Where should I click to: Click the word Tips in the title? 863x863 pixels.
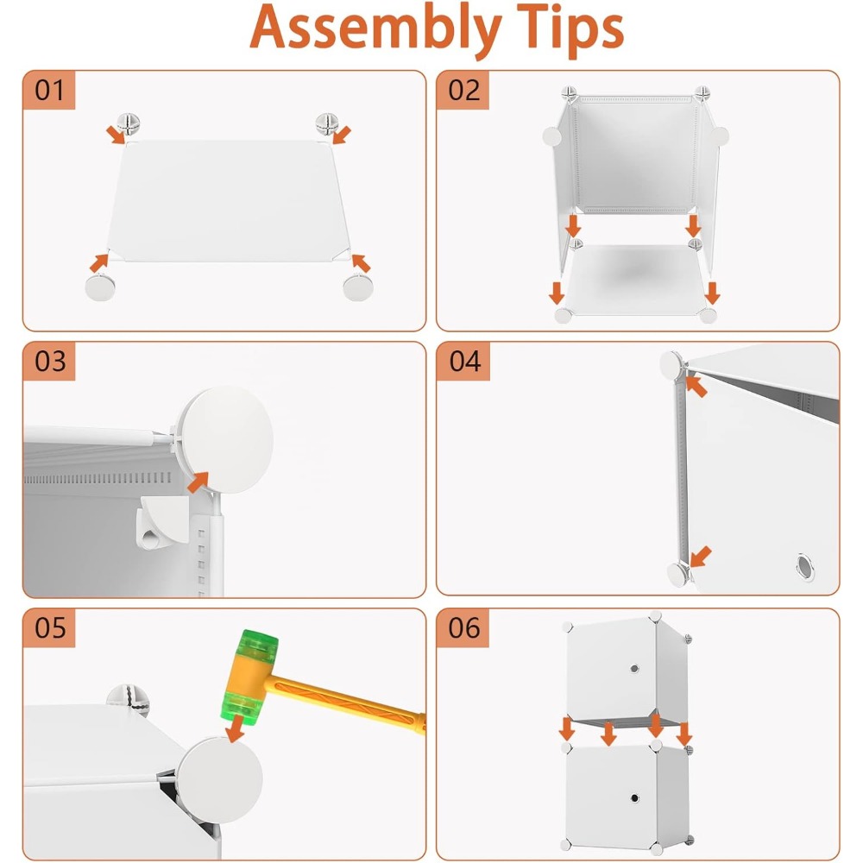pos(569,28)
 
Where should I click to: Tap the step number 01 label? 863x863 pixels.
pos(49,91)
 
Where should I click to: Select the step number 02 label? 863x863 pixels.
pos(464,91)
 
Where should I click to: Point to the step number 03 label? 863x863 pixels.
pos(50,362)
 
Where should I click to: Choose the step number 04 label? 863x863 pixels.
pos(465,362)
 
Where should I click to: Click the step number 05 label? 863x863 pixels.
pos(50,628)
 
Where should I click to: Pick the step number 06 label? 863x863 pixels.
pos(464,628)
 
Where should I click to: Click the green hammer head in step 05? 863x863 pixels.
pos(249,677)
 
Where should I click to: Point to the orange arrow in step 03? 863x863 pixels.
pos(198,482)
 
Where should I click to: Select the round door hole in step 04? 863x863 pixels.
pos(805,567)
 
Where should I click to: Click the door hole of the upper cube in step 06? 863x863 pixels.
pos(634,669)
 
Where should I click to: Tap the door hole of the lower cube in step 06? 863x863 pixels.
pos(634,798)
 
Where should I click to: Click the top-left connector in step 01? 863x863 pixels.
pos(129,124)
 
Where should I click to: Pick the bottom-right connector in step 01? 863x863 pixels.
pos(358,287)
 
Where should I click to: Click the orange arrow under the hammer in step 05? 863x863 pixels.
pos(236,728)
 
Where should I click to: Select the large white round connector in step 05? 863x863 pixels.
pos(219,780)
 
